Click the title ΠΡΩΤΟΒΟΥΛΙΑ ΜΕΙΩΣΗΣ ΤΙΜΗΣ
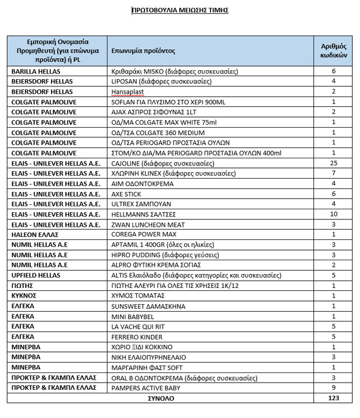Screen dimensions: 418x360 (179, 10)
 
